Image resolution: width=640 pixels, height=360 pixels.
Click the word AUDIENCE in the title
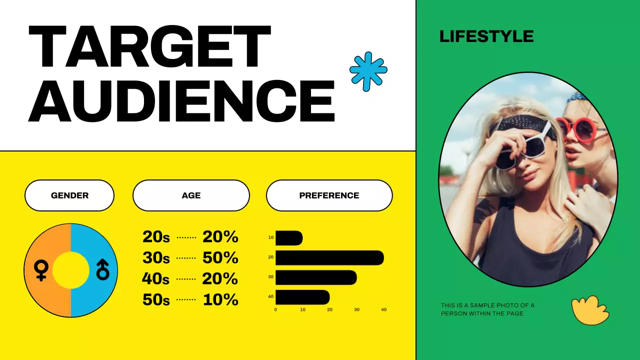(x=181, y=100)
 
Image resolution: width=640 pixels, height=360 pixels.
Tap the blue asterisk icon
(x=368, y=71)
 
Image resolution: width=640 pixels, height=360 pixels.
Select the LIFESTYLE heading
(x=486, y=36)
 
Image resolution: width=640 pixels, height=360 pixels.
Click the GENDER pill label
(x=69, y=195)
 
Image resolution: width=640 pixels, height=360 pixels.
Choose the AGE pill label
(x=191, y=195)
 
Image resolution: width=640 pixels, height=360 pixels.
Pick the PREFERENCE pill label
(x=329, y=195)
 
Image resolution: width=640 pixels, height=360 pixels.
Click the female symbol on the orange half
(x=41, y=270)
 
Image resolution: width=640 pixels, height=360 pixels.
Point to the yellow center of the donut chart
(x=70, y=270)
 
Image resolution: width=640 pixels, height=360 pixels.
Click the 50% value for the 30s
(x=220, y=258)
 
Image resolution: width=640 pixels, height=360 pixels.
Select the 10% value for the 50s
(x=220, y=300)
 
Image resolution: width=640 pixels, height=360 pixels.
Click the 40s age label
(x=156, y=279)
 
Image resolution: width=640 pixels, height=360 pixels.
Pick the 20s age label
(x=156, y=237)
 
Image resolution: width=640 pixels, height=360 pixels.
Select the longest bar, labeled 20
(x=329, y=258)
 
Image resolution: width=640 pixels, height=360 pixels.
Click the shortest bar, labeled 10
(x=289, y=238)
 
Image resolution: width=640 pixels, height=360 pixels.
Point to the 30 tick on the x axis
(x=356, y=310)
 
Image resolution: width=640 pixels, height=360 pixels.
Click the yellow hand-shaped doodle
(x=590, y=310)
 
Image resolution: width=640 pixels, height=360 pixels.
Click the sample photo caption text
(x=487, y=309)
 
